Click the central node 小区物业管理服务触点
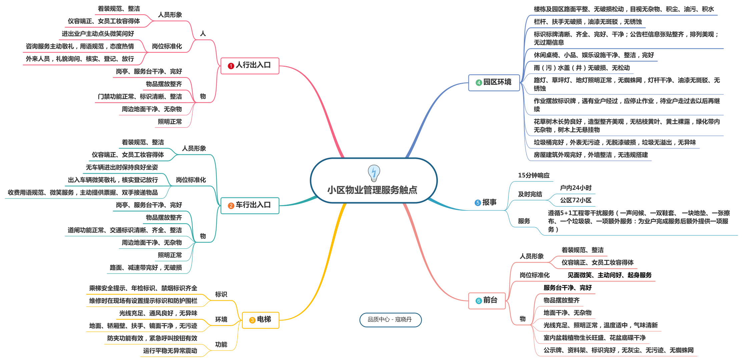372,190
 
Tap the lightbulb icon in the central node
374,173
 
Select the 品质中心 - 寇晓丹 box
390,320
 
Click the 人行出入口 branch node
250,65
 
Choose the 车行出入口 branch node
250,205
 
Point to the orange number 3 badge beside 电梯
252,320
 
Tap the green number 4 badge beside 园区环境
479,82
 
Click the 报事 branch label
489,202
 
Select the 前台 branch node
487,300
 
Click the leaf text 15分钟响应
534,175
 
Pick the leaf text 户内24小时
576,188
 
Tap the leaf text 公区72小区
576,200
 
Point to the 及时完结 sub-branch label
530,194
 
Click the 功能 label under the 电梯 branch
221,344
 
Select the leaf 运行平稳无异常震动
170,351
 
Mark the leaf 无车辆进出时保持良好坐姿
122,167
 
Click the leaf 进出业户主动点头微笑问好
98,34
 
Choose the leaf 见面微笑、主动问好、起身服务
610,275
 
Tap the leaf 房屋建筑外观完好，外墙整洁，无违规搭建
591,155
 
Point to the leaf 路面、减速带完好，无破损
146,268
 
